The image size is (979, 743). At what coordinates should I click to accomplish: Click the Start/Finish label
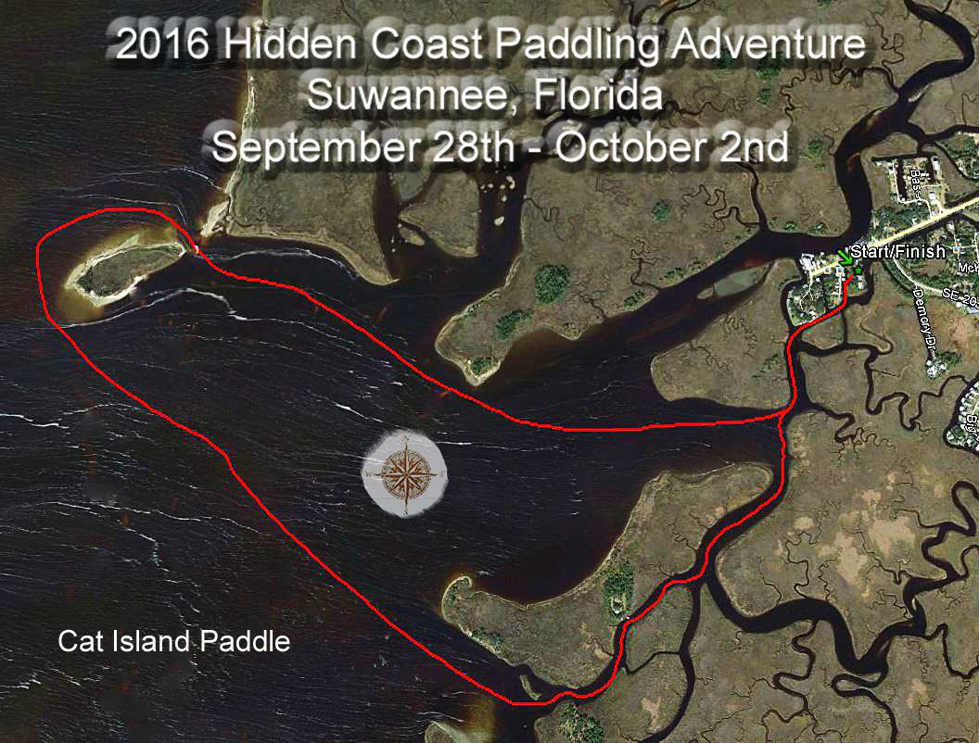897,251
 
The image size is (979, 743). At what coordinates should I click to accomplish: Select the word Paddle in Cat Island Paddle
249,641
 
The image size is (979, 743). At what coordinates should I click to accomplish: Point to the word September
310,146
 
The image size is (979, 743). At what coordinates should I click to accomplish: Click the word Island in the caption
147,641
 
